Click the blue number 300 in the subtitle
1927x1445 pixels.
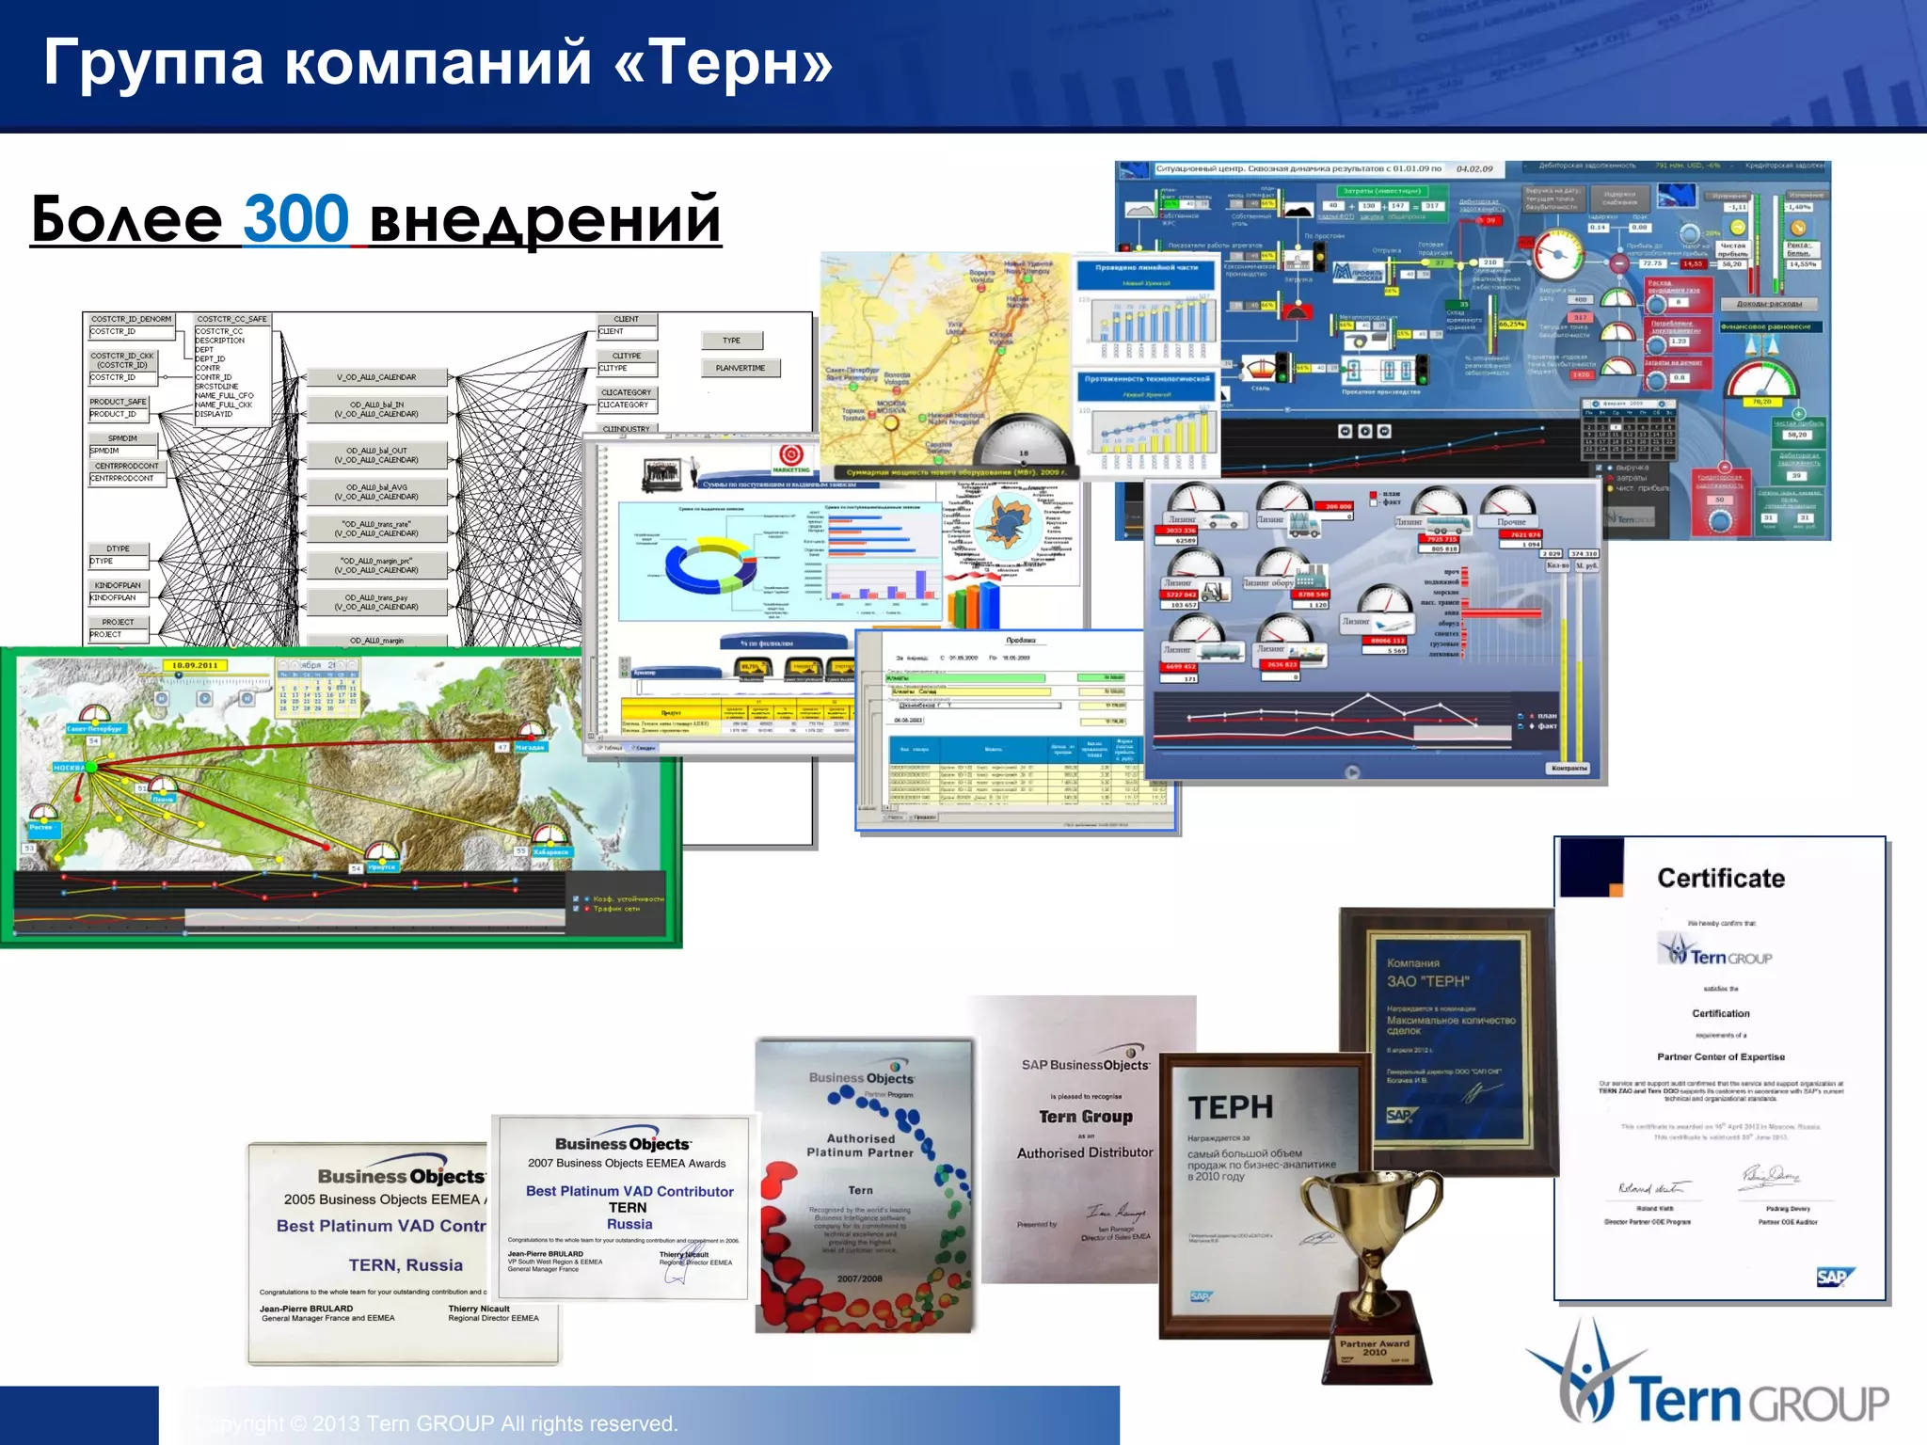[295, 218]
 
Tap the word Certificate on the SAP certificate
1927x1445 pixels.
[1721, 878]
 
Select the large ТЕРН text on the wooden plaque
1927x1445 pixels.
[1231, 1107]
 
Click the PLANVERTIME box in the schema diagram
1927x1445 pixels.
[741, 368]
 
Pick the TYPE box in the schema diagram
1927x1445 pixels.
[731, 341]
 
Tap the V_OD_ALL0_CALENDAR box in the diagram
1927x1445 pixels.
[376, 377]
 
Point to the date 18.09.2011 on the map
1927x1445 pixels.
[195, 665]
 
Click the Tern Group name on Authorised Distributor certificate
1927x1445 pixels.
[1086, 1117]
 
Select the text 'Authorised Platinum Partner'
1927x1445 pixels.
[860, 1145]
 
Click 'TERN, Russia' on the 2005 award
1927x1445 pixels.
[406, 1265]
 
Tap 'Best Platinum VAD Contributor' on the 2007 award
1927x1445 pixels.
[629, 1191]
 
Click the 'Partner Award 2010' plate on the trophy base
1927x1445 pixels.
[1374, 1347]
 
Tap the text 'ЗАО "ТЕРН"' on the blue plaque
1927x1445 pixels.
[1427, 981]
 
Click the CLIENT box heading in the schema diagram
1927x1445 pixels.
[627, 319]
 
